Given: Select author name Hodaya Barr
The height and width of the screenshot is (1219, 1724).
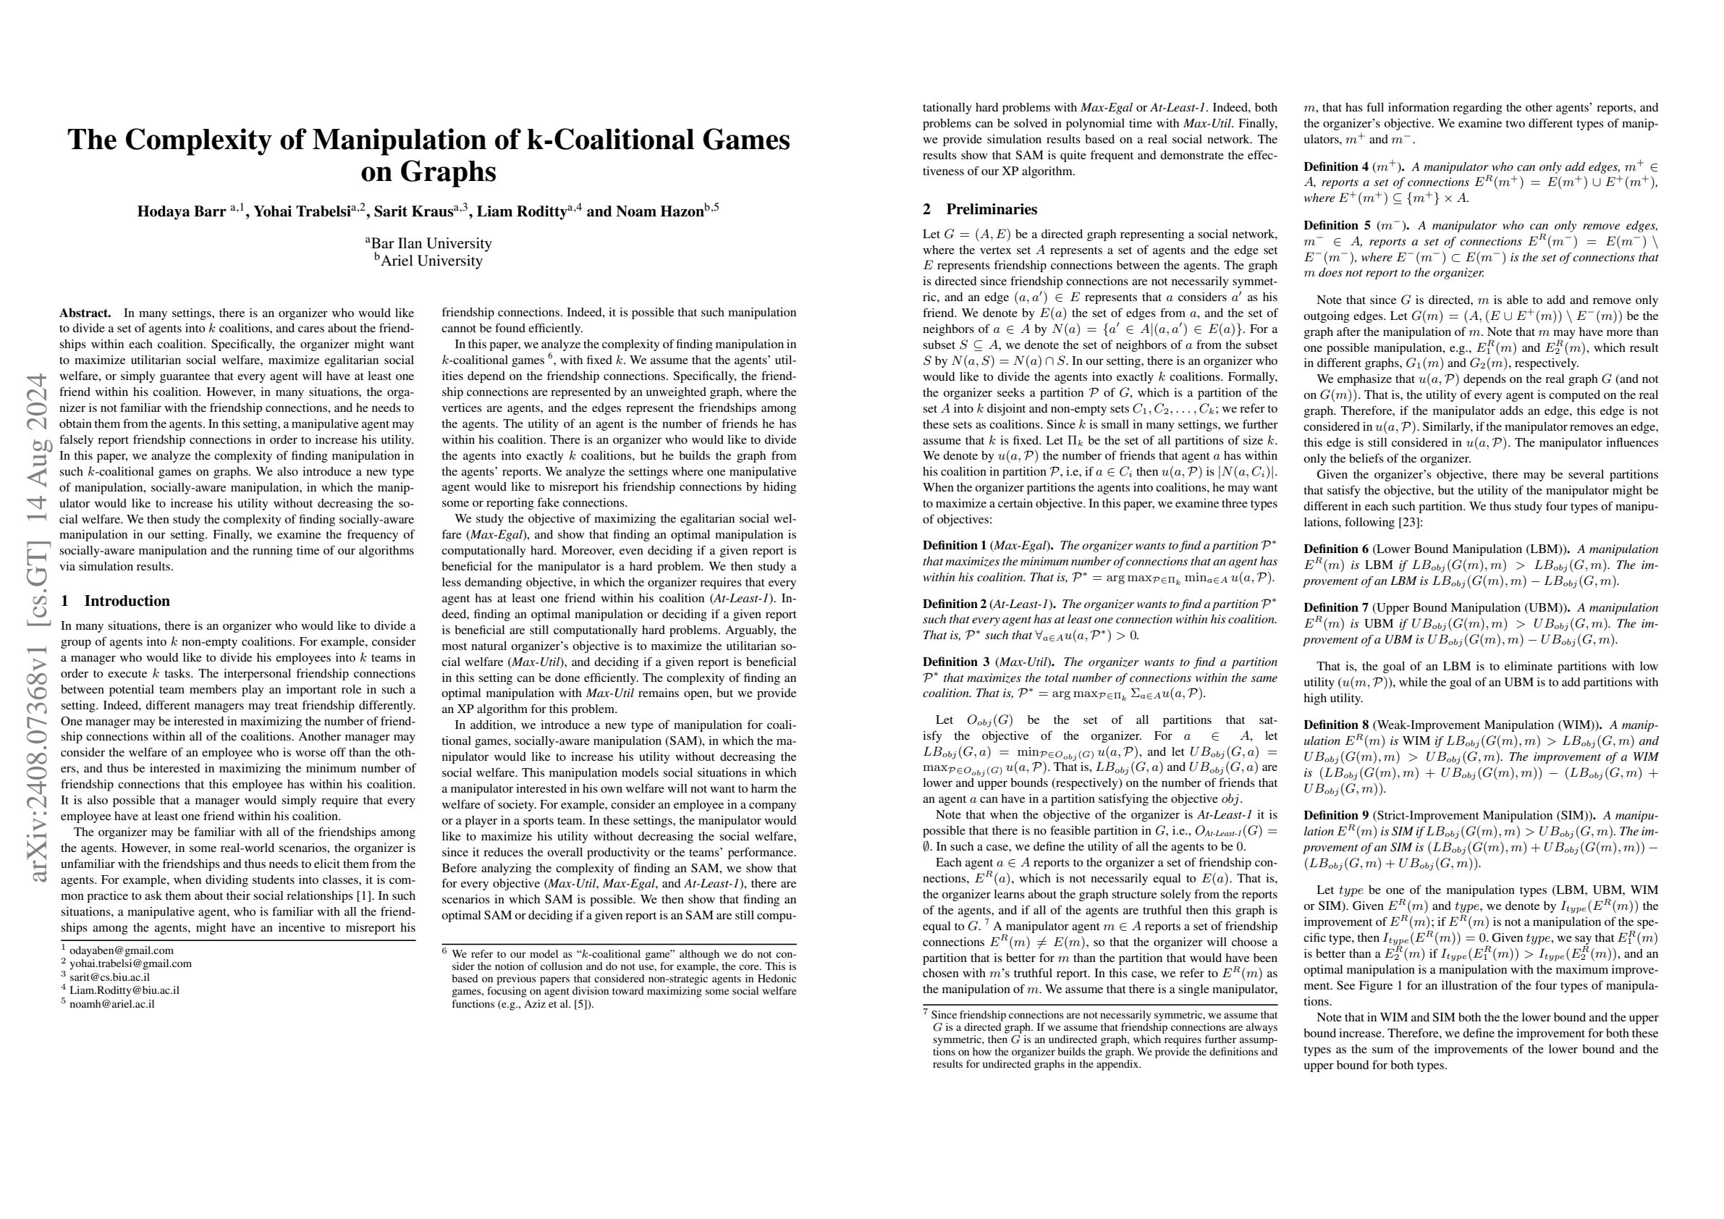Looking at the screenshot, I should tap(182, 211).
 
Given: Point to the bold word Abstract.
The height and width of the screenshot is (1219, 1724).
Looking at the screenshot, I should tap(85, 313).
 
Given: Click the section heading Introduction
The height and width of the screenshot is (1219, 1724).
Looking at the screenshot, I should tap(127, 601).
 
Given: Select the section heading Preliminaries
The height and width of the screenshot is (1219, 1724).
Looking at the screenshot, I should tap(991, 209).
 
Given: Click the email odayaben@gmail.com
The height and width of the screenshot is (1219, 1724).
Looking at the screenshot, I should tap(122, 950).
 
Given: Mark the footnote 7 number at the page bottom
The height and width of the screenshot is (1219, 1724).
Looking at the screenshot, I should tap(925, 1013).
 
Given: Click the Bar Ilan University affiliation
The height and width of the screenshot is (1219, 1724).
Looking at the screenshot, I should tap(428, 243).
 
